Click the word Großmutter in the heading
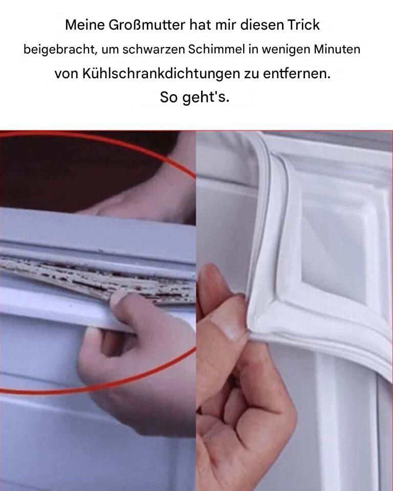click(147, 25)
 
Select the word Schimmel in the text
click(216, 49)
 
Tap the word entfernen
click(297, 74)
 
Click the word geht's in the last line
click(206, 97)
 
